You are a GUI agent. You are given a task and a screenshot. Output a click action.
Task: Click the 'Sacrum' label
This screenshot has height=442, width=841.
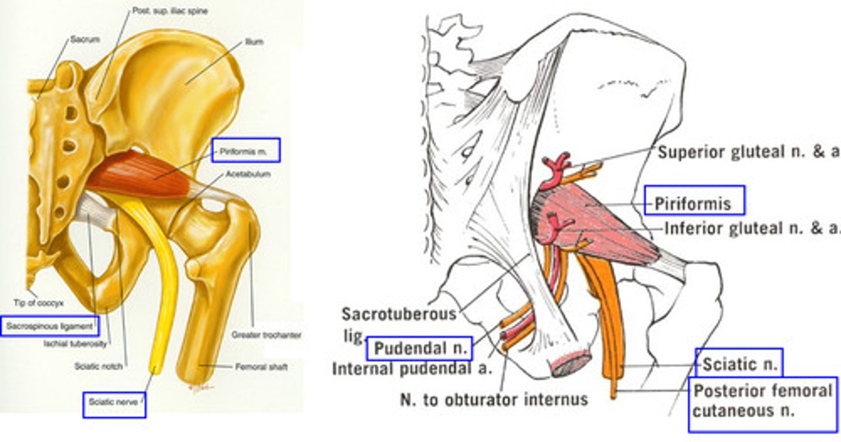point(85,40)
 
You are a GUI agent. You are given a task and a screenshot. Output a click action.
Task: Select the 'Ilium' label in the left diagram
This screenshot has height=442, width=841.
point(254,42)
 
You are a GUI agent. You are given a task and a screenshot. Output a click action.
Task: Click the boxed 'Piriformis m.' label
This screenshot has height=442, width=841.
point(246,150)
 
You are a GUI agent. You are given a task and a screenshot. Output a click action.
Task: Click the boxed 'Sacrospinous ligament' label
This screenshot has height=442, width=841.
point(50,325)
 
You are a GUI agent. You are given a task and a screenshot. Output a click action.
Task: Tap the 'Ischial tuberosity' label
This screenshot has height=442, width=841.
point(75,344)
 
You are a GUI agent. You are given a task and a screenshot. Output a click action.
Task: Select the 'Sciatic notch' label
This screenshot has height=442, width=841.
point(98,367)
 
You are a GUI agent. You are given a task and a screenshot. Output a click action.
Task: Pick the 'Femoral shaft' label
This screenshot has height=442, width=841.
point(260,367)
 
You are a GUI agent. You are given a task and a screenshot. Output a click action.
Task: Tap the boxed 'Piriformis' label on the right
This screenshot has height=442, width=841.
point(694,203)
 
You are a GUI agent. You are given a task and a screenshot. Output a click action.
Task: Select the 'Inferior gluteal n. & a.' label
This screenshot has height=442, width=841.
point(752,228)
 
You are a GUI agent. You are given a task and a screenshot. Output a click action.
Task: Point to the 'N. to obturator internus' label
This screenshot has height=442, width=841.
point(493,399)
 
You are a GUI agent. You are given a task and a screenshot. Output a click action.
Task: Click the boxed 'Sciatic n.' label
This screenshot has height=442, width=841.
point(739,365)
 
